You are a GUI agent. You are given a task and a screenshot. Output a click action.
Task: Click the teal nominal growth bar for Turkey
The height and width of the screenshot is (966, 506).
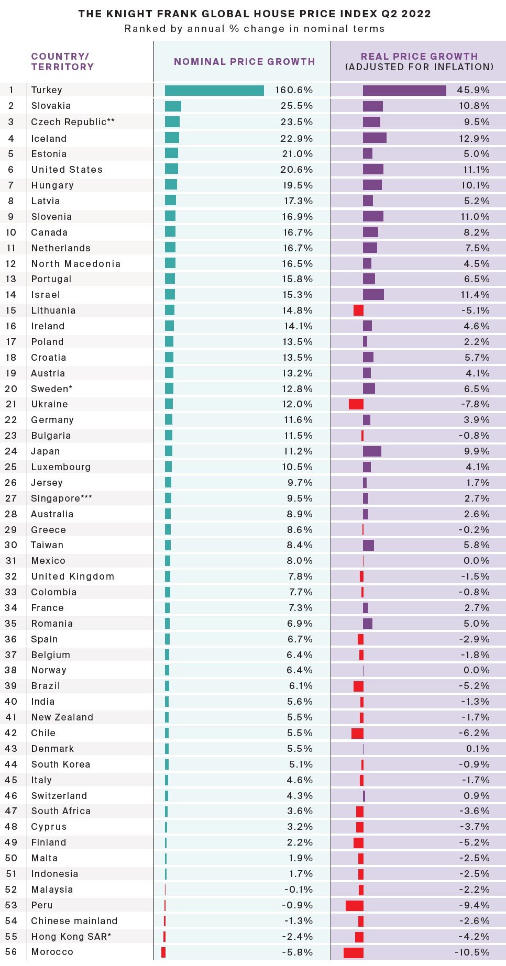point(214,91)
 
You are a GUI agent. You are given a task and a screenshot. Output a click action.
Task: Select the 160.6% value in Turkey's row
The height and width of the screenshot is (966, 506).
point(294,90)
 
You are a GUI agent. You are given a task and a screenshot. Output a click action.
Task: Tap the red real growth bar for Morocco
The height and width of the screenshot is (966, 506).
point(354,952)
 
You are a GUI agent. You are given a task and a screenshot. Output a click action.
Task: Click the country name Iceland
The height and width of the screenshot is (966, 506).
point(49,139)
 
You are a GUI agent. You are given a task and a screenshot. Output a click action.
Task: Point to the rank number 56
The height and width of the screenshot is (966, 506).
point(11,952)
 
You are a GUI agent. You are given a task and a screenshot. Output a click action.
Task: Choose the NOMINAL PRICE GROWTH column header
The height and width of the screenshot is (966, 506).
point(244,62)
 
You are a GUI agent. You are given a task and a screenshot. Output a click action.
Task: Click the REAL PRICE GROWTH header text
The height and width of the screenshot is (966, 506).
point(419,56)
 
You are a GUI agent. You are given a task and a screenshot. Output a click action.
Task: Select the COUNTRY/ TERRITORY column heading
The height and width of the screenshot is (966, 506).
point(62,62)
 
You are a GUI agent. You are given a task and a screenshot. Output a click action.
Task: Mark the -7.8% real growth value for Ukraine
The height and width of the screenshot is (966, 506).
point(475,404)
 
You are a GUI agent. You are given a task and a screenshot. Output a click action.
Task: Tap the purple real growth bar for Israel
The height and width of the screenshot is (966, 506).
point(373,295)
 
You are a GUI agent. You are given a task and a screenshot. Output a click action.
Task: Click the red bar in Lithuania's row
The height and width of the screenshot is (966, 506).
point(358,310)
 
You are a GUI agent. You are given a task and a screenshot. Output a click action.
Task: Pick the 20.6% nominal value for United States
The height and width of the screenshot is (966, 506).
point(296,170)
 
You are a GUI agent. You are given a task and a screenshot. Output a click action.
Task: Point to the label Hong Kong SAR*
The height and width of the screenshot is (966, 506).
point(71,937)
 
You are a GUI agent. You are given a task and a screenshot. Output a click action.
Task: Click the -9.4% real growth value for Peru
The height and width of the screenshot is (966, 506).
point(474,905)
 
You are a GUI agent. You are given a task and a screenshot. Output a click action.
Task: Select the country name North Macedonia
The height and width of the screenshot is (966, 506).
point(75,264)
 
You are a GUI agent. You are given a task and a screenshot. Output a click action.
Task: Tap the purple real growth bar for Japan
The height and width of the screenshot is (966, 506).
point(372,451)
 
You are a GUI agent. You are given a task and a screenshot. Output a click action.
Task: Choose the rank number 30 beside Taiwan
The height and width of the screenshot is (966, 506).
point(11,545)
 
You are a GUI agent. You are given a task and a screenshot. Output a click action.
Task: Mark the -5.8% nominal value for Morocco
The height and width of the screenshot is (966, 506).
point(297,952)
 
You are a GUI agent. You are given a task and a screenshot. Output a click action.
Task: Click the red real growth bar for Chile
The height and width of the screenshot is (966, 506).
point(357,733)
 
